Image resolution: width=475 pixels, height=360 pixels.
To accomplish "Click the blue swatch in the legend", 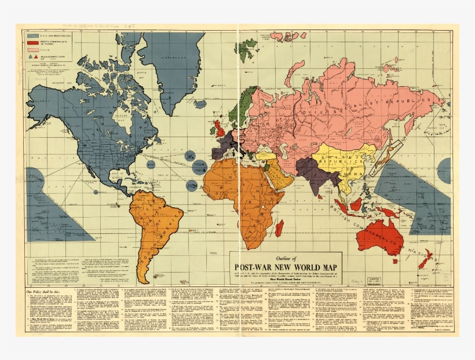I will pyautogui.click(x=32, y=35).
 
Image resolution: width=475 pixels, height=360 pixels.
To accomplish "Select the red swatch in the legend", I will pyautogui.click(x=32, y=42).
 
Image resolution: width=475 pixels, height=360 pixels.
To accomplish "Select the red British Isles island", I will pyautogui.click(x=220, y=126).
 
